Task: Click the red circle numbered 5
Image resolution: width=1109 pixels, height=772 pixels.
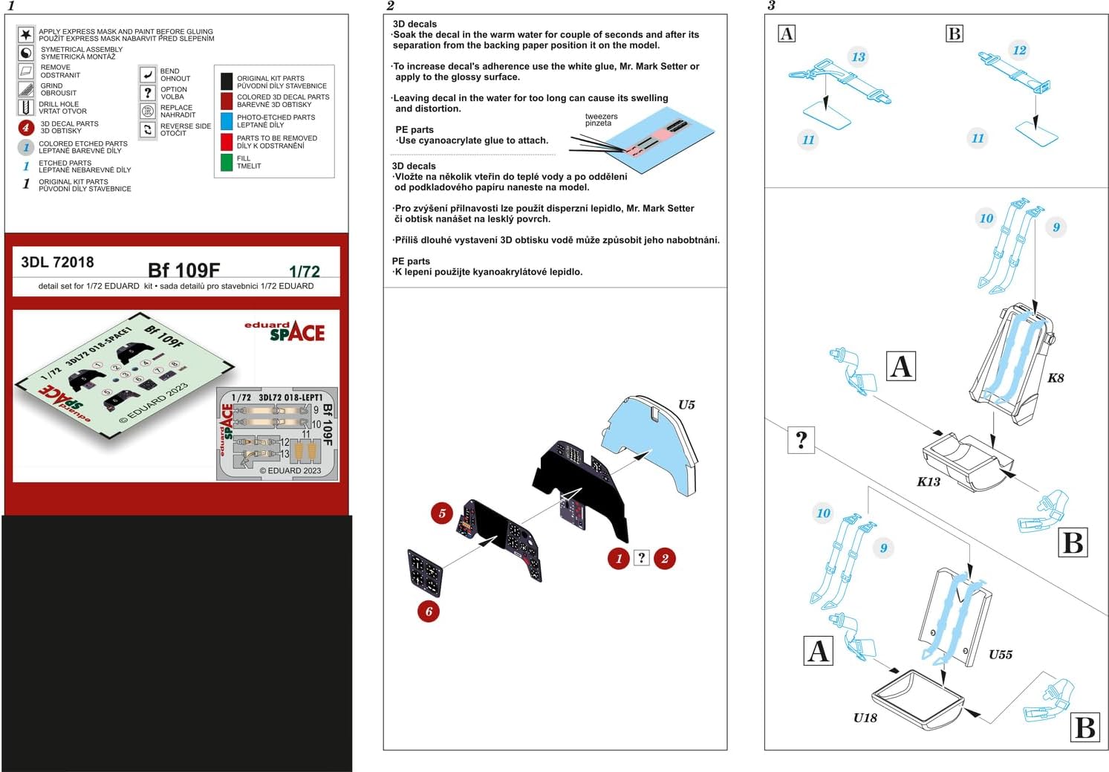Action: click(x=442, y=513)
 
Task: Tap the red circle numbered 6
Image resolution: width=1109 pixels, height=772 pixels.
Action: click(x=429, y=612)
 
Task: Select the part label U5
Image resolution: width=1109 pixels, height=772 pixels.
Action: click(x=686, y=405)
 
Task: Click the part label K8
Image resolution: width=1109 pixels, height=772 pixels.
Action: click(x=1056, y=378)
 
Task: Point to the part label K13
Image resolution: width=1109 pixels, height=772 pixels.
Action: click(x=928, y=481)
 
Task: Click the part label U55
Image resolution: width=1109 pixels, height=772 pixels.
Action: click(x=1001, y=655)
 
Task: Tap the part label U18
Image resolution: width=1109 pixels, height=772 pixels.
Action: click(x=865, y=718)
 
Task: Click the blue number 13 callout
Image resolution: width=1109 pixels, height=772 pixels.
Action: click(x=858, y=56)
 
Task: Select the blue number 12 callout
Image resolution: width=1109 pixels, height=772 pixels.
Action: click(x=1019, y=50)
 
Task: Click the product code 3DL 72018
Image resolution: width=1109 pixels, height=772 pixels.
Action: click(x=58, y=262)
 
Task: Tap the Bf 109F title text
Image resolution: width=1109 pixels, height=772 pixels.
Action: click(x=184, y=270)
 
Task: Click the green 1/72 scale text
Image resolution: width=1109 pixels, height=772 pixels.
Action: click(x=305, y=272)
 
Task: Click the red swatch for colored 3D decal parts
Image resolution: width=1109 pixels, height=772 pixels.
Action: click(x=227, y=101)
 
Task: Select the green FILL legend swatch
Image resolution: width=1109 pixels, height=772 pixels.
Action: click(x=227, y=162)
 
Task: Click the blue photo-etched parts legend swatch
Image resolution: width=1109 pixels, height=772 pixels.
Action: click(x=227, y=121)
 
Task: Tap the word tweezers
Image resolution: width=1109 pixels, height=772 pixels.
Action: click(x=601, y=117)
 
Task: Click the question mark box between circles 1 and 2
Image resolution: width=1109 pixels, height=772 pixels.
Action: click(x=642, y=558)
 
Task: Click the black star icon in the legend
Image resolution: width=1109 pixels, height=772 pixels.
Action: click(x=26, y=35)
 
